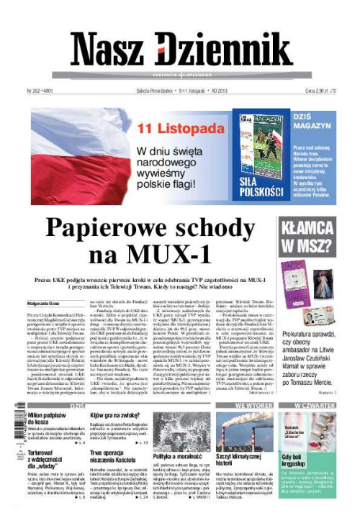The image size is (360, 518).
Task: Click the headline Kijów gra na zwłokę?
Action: click(x=115, y=416)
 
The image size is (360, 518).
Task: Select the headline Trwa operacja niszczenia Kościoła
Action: click(x=115, y=458)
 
